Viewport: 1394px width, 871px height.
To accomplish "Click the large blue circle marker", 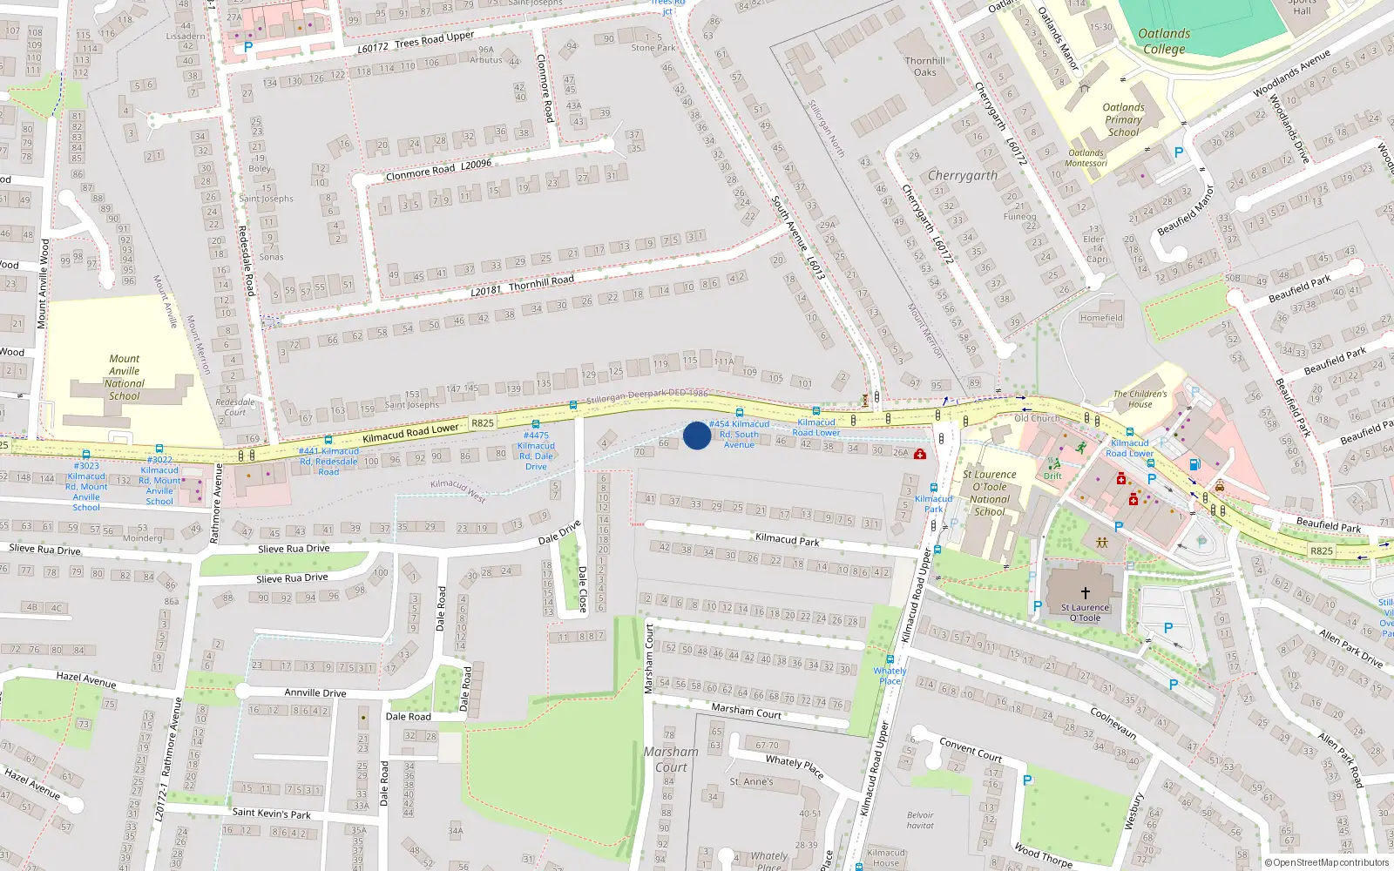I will point(697,435).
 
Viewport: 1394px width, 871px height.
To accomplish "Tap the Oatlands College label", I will point(1164,41).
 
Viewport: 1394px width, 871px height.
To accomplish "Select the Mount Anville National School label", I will point(125,377).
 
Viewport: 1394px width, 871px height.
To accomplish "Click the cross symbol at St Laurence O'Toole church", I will point(1085,592).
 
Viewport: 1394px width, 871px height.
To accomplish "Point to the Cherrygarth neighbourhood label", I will point(963,175).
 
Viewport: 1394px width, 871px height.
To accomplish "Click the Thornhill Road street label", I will point(541,281).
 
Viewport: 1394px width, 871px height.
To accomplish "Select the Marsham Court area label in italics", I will point(671,759).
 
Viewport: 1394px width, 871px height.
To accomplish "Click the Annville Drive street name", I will point(315,693).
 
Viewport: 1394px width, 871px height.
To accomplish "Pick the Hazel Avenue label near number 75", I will point(86,679).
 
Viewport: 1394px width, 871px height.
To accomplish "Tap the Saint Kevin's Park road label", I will point(272,814).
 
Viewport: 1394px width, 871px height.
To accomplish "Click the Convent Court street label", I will point(971,750).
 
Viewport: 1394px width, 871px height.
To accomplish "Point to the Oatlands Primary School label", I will point(1123,120).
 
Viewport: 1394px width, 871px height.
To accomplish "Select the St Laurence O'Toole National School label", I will point(989,493).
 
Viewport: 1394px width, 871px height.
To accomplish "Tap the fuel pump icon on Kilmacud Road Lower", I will point(1194,465).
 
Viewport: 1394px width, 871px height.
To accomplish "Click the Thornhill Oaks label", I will point(925,66).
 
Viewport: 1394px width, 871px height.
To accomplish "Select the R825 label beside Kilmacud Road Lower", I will point(483,423).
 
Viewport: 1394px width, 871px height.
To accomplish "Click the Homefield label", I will point(1101,318).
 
